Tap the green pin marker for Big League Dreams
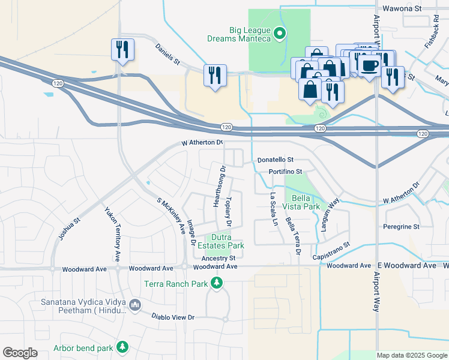pos(279,34)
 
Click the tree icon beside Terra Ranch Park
pos(217,283)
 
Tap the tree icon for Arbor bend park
pos(123,347)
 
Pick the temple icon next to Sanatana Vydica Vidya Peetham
pos(135,305)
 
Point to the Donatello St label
pos(275,160)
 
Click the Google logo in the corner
pos(20,353)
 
